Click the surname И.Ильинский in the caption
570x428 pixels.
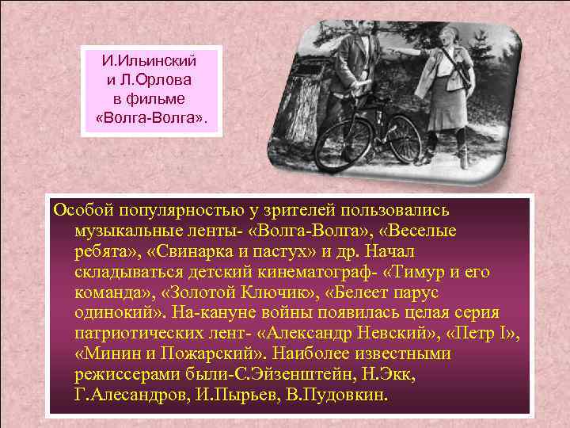coord(150,61)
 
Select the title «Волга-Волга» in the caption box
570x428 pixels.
coord(150,118)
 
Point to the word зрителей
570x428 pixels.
coord(304,210)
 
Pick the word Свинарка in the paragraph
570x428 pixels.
coord(194,251)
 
